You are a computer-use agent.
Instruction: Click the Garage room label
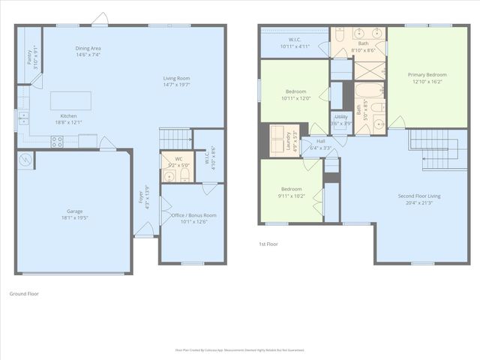(x=74, y=211)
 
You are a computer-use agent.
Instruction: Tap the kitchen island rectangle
(x=70, y=100)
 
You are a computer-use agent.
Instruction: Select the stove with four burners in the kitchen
(x=57, y=140)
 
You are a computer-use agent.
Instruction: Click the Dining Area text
(x=88, y=48)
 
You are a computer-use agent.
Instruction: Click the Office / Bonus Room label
(x=193, y=215)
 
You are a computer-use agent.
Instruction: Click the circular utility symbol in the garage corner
(x=25, y=160)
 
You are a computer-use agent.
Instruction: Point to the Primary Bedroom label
(x=427, y=75)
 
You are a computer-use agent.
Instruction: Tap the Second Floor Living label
(x=418, y=196)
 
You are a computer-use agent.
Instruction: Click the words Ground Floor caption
(x=24, y=293)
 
